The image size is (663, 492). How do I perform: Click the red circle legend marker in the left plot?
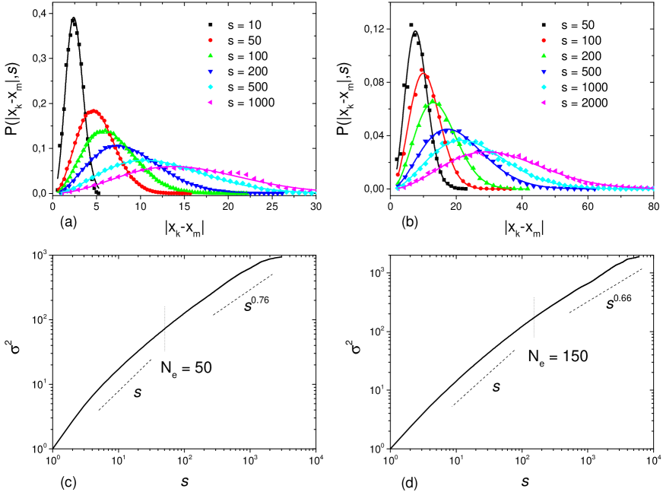tap(211, 40)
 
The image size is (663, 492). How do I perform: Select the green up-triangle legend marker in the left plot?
tap(211, 56)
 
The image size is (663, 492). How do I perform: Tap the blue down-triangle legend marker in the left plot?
tap(211, 71)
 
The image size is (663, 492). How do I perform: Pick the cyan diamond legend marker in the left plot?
tap(211, 87)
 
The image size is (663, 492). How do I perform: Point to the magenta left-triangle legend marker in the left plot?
tap(211, 102)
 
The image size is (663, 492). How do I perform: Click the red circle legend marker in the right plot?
tap(543, 40)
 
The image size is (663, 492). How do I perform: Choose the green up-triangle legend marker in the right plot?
tap(543, 56)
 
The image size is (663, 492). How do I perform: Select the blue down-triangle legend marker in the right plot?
tap(543, 71)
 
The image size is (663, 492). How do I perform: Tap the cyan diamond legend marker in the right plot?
tap(543, 87)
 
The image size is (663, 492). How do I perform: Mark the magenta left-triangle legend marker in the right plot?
tap(543, 102)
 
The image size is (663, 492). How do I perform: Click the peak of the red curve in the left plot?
tap(94, 111)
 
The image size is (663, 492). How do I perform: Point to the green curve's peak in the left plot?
tap(103, 131)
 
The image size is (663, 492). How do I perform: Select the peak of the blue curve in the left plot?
tap(116, 146)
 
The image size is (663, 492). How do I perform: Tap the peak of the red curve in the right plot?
tap(423, 73)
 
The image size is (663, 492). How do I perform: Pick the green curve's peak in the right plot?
tap(433, 100)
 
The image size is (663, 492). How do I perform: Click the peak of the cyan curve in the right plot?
tap(460, 139)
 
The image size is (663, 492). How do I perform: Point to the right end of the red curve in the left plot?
tap(190, 193)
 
